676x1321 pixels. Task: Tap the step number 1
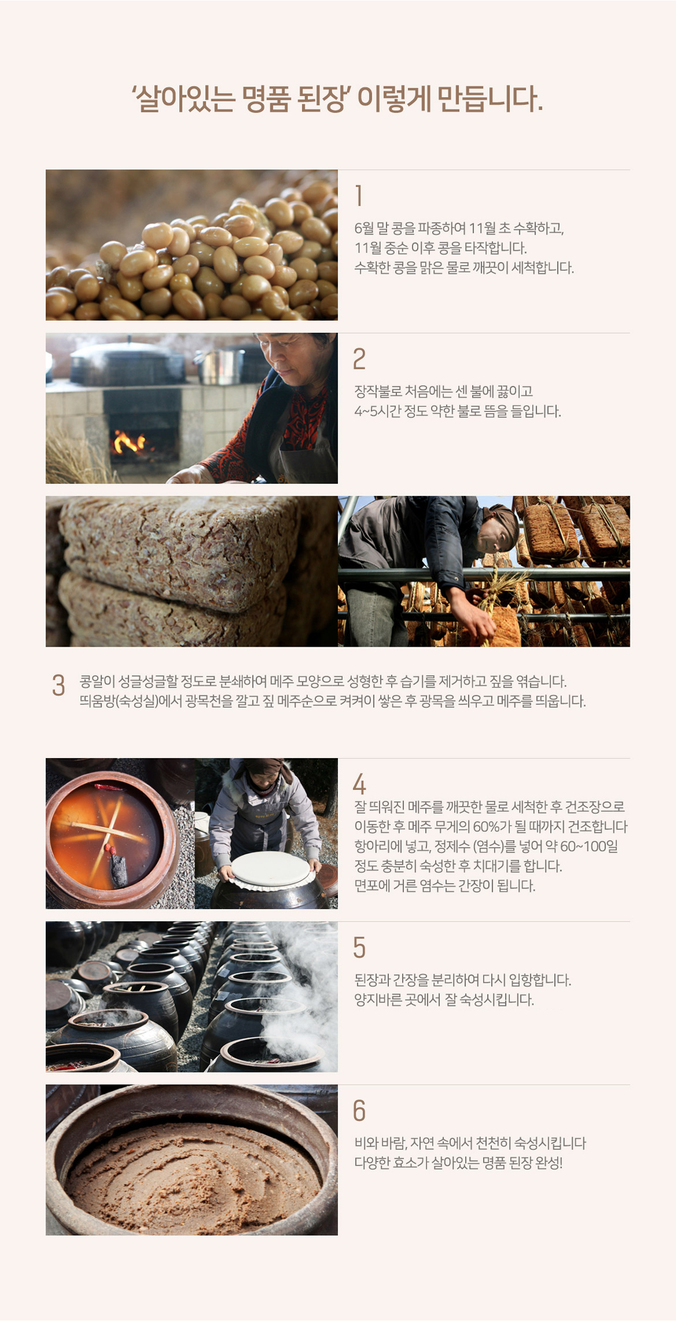[x=359, y=195]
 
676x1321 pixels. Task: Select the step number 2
[x=359, y=359]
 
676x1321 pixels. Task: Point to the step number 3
[x=58, y=685]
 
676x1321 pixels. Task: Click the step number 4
[x=359, y=784]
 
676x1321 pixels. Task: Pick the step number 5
[x=359, y=948]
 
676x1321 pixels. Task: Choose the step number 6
[x=359, y=1111]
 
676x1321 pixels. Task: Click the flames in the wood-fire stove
[x=129, y=442]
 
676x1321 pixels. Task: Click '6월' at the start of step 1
[x=364, y=228]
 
